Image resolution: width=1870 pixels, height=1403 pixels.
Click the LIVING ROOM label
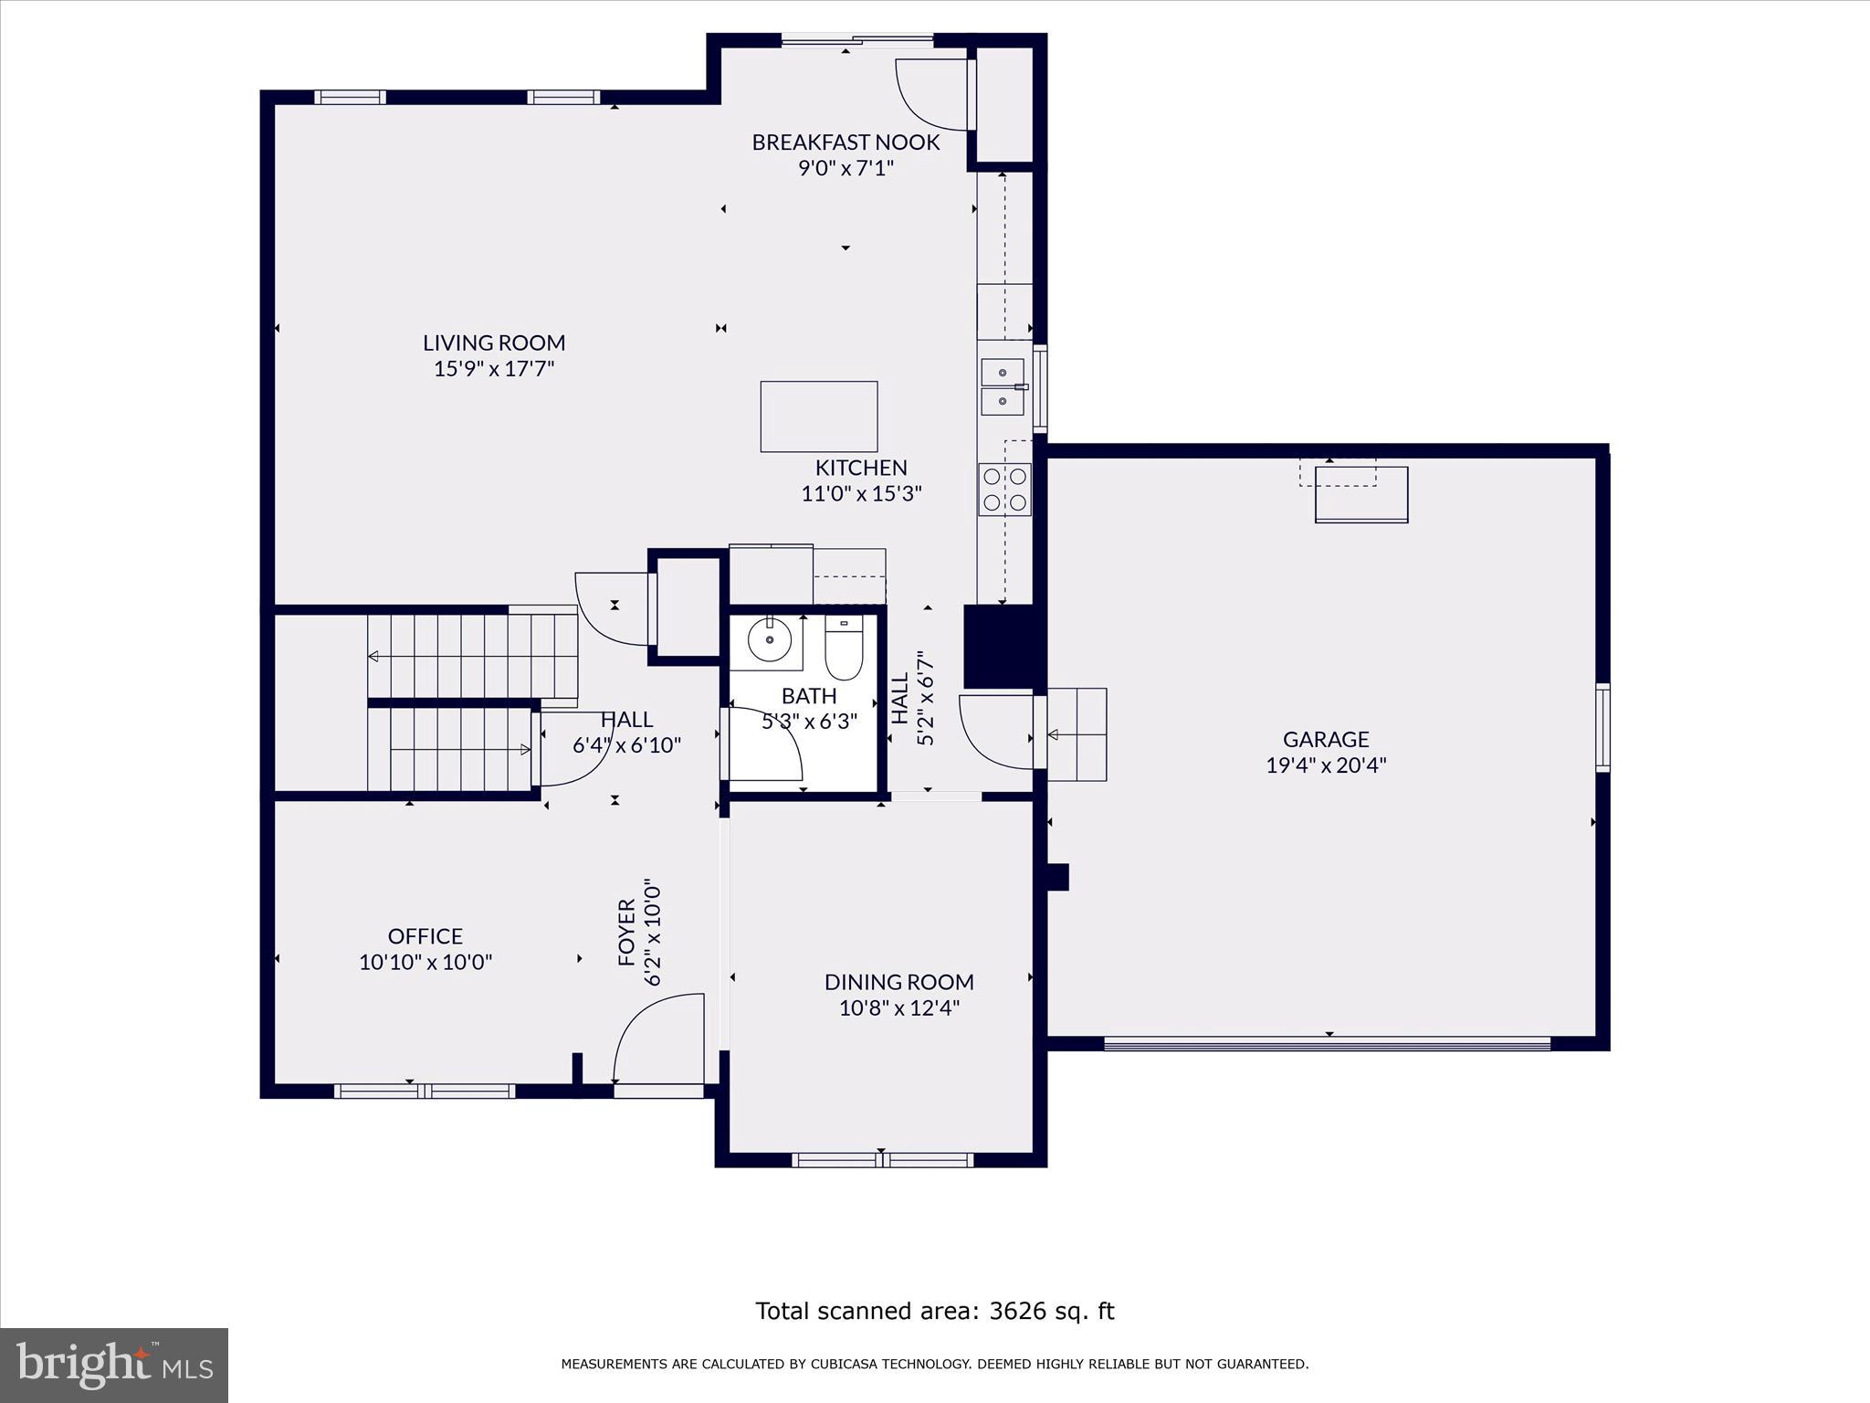tap(494, 343)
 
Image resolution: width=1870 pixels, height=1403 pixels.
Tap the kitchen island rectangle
tap(819, 417)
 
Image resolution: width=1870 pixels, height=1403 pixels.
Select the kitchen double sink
tap(1003, 387)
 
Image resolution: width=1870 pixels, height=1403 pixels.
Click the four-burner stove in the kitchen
tap(1004, 490)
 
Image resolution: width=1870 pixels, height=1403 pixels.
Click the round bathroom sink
tap(769, 640)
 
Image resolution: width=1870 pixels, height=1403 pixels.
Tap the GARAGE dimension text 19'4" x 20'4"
tap(1326, 765)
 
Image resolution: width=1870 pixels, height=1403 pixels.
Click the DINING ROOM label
tap(898, 982)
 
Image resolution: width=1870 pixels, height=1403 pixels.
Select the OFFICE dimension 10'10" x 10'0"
tap(425, 962)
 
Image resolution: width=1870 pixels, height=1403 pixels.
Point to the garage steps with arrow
tap(1077, 734)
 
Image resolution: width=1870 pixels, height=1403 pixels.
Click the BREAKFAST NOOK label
tap(846, 142)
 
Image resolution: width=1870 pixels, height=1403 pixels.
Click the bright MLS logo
tap(114, 1365)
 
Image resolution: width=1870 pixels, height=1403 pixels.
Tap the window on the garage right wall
tap(1602, 727)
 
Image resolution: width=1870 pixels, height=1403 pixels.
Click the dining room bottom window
tap(882, 1160)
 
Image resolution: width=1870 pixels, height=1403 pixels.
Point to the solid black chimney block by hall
tap(1000, 647)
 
